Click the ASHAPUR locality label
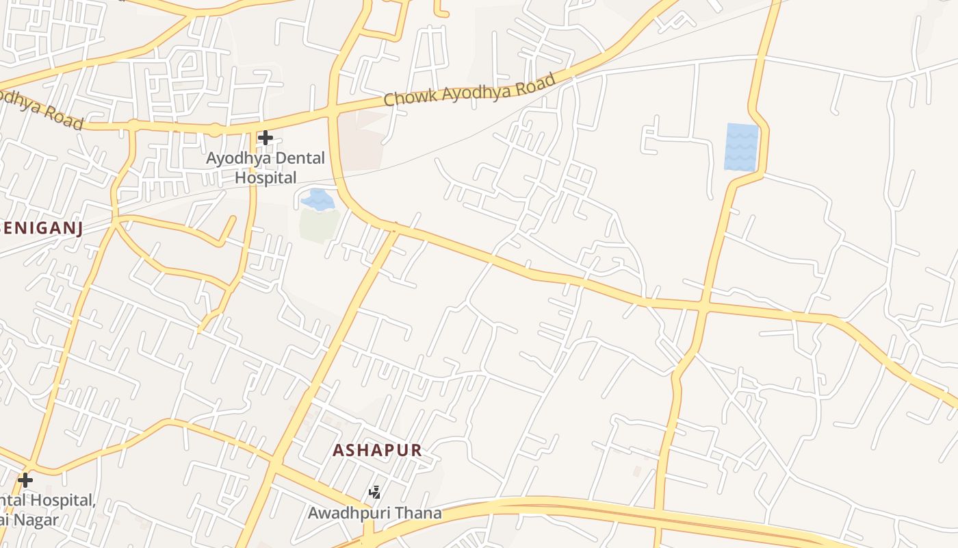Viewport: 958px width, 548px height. (377, 451)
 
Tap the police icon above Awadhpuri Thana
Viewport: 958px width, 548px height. (374, 492)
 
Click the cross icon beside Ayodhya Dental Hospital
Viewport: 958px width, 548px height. (266, 138)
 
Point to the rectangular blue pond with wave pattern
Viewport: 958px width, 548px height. (742, 147)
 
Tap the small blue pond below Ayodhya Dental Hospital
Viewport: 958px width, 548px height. (318, 199)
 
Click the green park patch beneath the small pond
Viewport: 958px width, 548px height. (320, 226)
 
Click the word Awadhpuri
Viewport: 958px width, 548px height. (347, 512)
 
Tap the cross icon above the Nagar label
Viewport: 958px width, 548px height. (25, 480)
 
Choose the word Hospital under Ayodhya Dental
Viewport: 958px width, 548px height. (266, 178)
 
